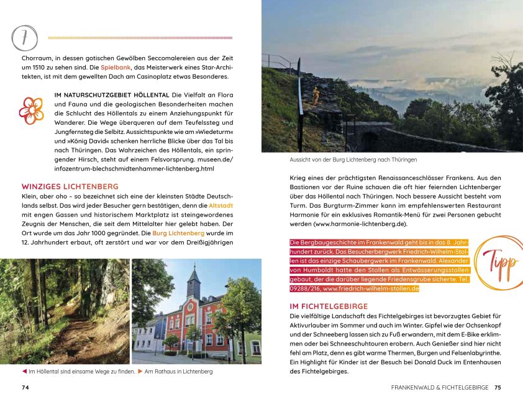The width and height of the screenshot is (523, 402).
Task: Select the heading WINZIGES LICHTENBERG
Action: pos(70,186)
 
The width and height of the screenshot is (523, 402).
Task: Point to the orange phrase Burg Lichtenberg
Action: pos(178,233)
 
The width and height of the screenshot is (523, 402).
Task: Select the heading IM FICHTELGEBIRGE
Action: pos(329,306)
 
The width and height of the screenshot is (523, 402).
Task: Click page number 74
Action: pos(25,388)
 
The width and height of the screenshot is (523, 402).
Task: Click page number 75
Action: pos(498,388)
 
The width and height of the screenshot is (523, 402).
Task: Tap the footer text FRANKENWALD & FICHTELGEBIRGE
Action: pos(440,388)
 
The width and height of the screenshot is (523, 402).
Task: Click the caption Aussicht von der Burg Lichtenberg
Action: pos(353,159)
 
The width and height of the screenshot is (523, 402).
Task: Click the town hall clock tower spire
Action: pos(194,273)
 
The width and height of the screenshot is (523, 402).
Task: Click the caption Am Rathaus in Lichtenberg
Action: pos(178,372)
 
